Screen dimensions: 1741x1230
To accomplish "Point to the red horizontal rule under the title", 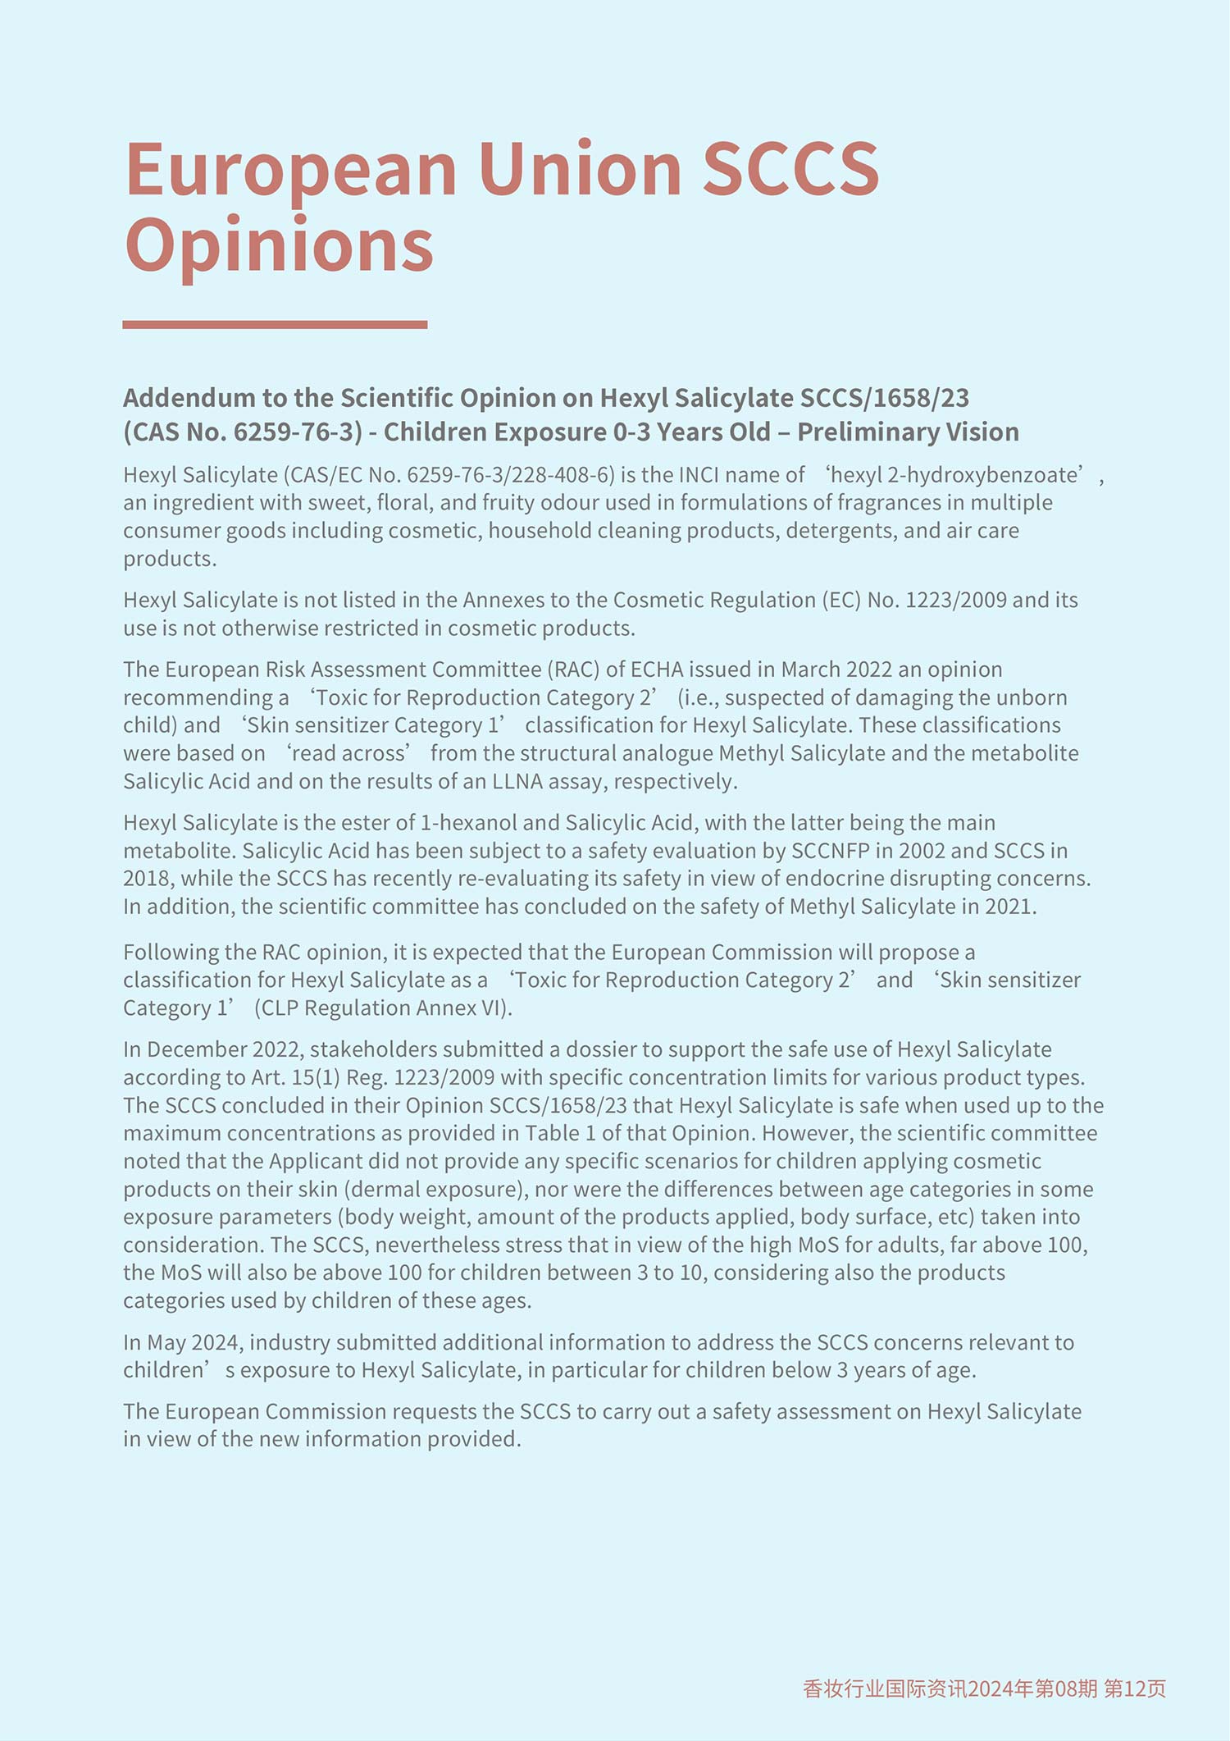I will click(275, 325).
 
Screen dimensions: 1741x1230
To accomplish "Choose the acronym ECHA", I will click(656, 669).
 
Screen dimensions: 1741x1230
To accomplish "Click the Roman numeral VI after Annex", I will click(494, 1008).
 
